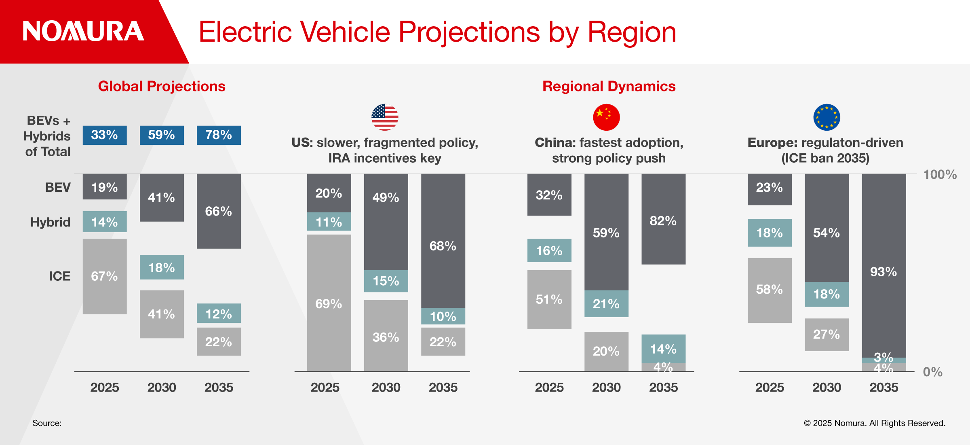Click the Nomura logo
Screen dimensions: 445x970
[x=83, y=31]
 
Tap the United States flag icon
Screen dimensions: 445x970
[x=385, y=117]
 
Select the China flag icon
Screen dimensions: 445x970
[x=606, y=117]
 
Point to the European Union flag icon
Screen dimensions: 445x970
[x=827, y=117]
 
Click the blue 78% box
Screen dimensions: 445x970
[x=219, y=135]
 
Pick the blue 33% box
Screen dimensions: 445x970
[x=105, y=135]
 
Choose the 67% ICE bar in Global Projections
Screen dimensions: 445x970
[x=105, y=276]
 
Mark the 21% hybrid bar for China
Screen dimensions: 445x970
[x=606, y=303]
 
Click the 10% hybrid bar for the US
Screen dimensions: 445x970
[x=443, y=316]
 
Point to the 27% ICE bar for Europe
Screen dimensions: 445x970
[x=827, y=335]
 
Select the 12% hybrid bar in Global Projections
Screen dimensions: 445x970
[x=219, y=313]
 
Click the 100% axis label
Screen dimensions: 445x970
[x=940, y=175]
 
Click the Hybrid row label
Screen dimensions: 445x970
[x=51, y=222]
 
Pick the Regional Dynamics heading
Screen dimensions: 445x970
[x=609, y=86]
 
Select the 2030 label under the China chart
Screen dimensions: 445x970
[x=606, y=388]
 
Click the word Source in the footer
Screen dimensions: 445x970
[x=47, y=423]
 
